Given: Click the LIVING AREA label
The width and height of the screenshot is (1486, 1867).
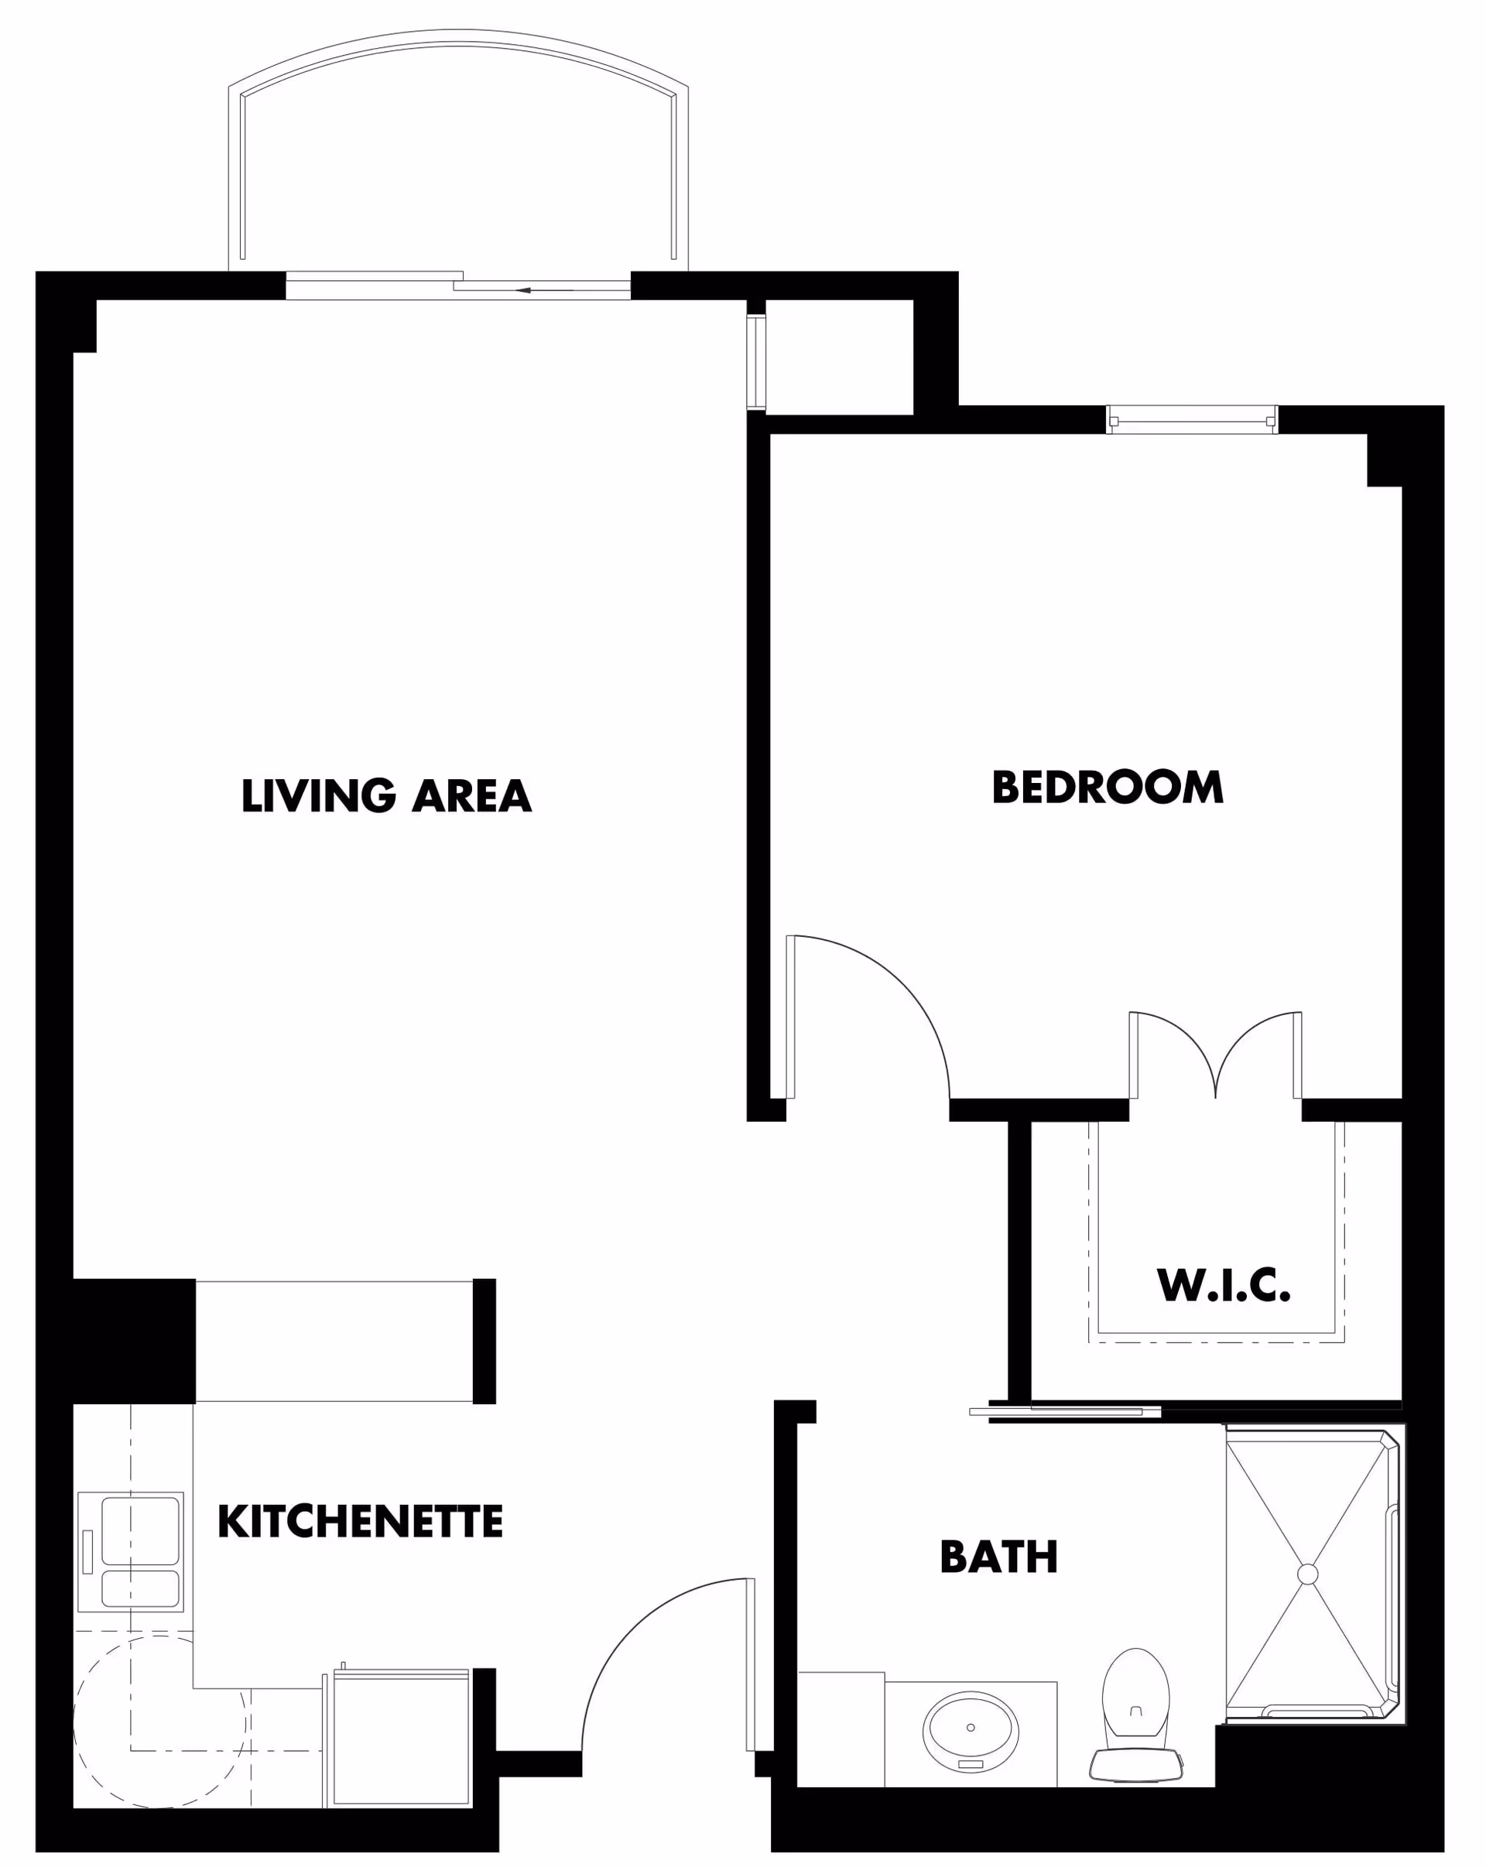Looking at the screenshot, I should [386, 796].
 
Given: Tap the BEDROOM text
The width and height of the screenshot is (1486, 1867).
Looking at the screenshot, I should [1107, 787].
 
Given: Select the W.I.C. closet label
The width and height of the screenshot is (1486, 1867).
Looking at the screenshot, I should [1223, 1285].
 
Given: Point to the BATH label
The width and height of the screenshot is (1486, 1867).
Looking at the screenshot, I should [998, 1557].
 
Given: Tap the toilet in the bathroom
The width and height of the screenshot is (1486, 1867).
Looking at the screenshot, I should [1135, 1715].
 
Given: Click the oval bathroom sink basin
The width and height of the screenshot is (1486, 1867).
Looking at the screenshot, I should [970, 1729].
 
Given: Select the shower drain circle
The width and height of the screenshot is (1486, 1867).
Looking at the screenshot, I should [1308, 1575].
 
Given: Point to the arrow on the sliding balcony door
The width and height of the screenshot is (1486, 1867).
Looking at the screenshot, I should [523, 290].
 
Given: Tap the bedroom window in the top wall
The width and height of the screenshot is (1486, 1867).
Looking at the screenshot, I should [1192, 420].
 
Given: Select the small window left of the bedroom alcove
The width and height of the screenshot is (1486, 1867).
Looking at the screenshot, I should [756, 361].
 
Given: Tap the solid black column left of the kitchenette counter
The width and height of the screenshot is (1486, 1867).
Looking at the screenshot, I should [133, 1341].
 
